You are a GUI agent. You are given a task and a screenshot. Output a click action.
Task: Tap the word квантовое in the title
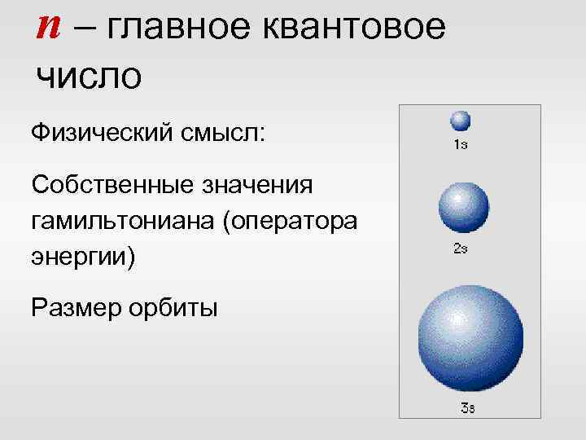[x=360, y=29]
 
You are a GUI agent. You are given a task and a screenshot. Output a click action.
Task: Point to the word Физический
[x=98, y=131]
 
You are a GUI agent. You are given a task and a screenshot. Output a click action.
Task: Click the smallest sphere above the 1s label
[x=461, y=121]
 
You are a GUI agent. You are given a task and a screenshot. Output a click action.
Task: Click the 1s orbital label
[x=460, y=145]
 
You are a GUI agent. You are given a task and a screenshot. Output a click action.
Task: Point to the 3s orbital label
[x=467, y=408]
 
